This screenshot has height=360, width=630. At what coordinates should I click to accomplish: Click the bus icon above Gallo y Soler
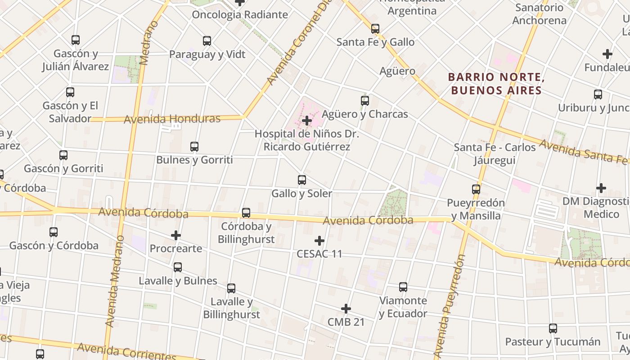pos(302,180)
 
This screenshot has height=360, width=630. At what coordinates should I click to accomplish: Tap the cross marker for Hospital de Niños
pos(307,121)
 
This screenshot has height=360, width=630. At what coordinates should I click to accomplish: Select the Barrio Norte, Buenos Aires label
pos(496,84)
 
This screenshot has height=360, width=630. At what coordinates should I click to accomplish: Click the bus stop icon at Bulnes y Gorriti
pos(194,147)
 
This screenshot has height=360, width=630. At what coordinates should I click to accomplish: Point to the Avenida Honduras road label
pos(172,119)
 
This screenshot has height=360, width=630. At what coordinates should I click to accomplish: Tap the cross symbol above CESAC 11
pos(319,241)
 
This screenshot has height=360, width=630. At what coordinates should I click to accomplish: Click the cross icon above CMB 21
pos(346,309)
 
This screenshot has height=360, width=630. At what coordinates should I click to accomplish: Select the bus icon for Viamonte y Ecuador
pos(403,287)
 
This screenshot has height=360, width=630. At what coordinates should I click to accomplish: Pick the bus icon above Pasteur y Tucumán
pos(553,328)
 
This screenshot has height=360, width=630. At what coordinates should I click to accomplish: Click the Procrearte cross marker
pos(176,235)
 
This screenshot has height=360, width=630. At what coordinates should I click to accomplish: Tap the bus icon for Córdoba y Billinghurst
pos(246,213)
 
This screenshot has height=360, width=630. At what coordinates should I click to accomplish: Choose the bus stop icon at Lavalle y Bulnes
pos(178,267)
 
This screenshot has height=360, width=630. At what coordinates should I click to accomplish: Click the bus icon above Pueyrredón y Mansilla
pos(476,189)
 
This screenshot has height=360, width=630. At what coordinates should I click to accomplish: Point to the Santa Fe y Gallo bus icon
pos(375,29)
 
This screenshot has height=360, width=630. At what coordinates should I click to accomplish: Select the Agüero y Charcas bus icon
pos(365,101)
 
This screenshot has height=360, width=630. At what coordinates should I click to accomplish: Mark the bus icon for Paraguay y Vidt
pos(207,41)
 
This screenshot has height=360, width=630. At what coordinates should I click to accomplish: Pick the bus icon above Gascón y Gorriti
pos(63,155)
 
